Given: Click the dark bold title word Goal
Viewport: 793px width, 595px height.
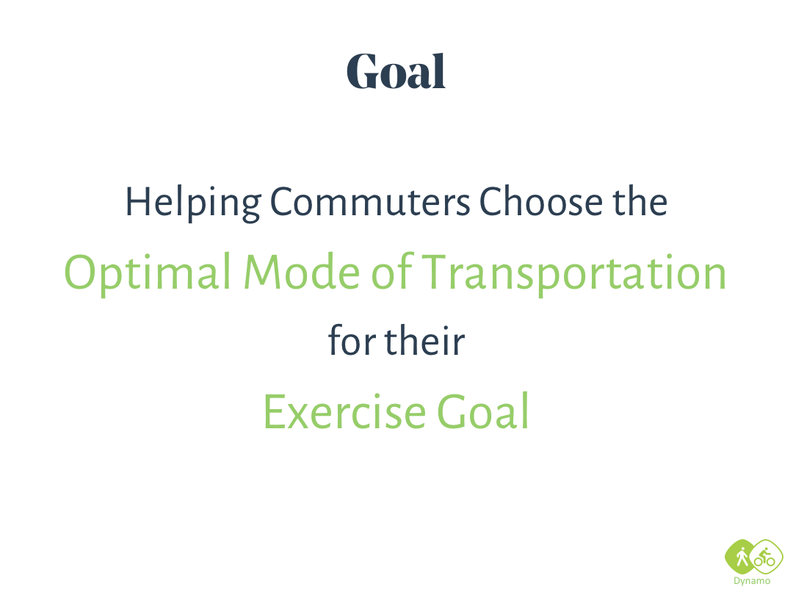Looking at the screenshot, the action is (396, 71).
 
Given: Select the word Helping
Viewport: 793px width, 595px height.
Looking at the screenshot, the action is (193, 203).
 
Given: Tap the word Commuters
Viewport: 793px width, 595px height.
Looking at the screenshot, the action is (370, 202).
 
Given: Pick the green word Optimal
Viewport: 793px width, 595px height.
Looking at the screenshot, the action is (148, 274).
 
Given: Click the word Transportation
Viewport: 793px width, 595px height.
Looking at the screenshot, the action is (574, 274).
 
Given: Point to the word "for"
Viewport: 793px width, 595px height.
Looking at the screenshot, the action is (352, 340).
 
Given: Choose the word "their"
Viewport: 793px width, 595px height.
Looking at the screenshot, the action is (424, 340).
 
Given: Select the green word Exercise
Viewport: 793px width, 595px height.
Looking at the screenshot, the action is (344, 411).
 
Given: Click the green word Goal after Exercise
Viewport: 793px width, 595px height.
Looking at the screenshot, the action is (482, 411).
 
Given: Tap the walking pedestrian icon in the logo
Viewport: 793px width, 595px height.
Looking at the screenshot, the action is (742, 558).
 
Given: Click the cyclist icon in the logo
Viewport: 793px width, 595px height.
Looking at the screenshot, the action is (764, 558).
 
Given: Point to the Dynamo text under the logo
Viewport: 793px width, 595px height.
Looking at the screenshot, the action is (752, 581).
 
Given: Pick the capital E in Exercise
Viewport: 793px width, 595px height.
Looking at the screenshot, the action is (275, 411).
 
